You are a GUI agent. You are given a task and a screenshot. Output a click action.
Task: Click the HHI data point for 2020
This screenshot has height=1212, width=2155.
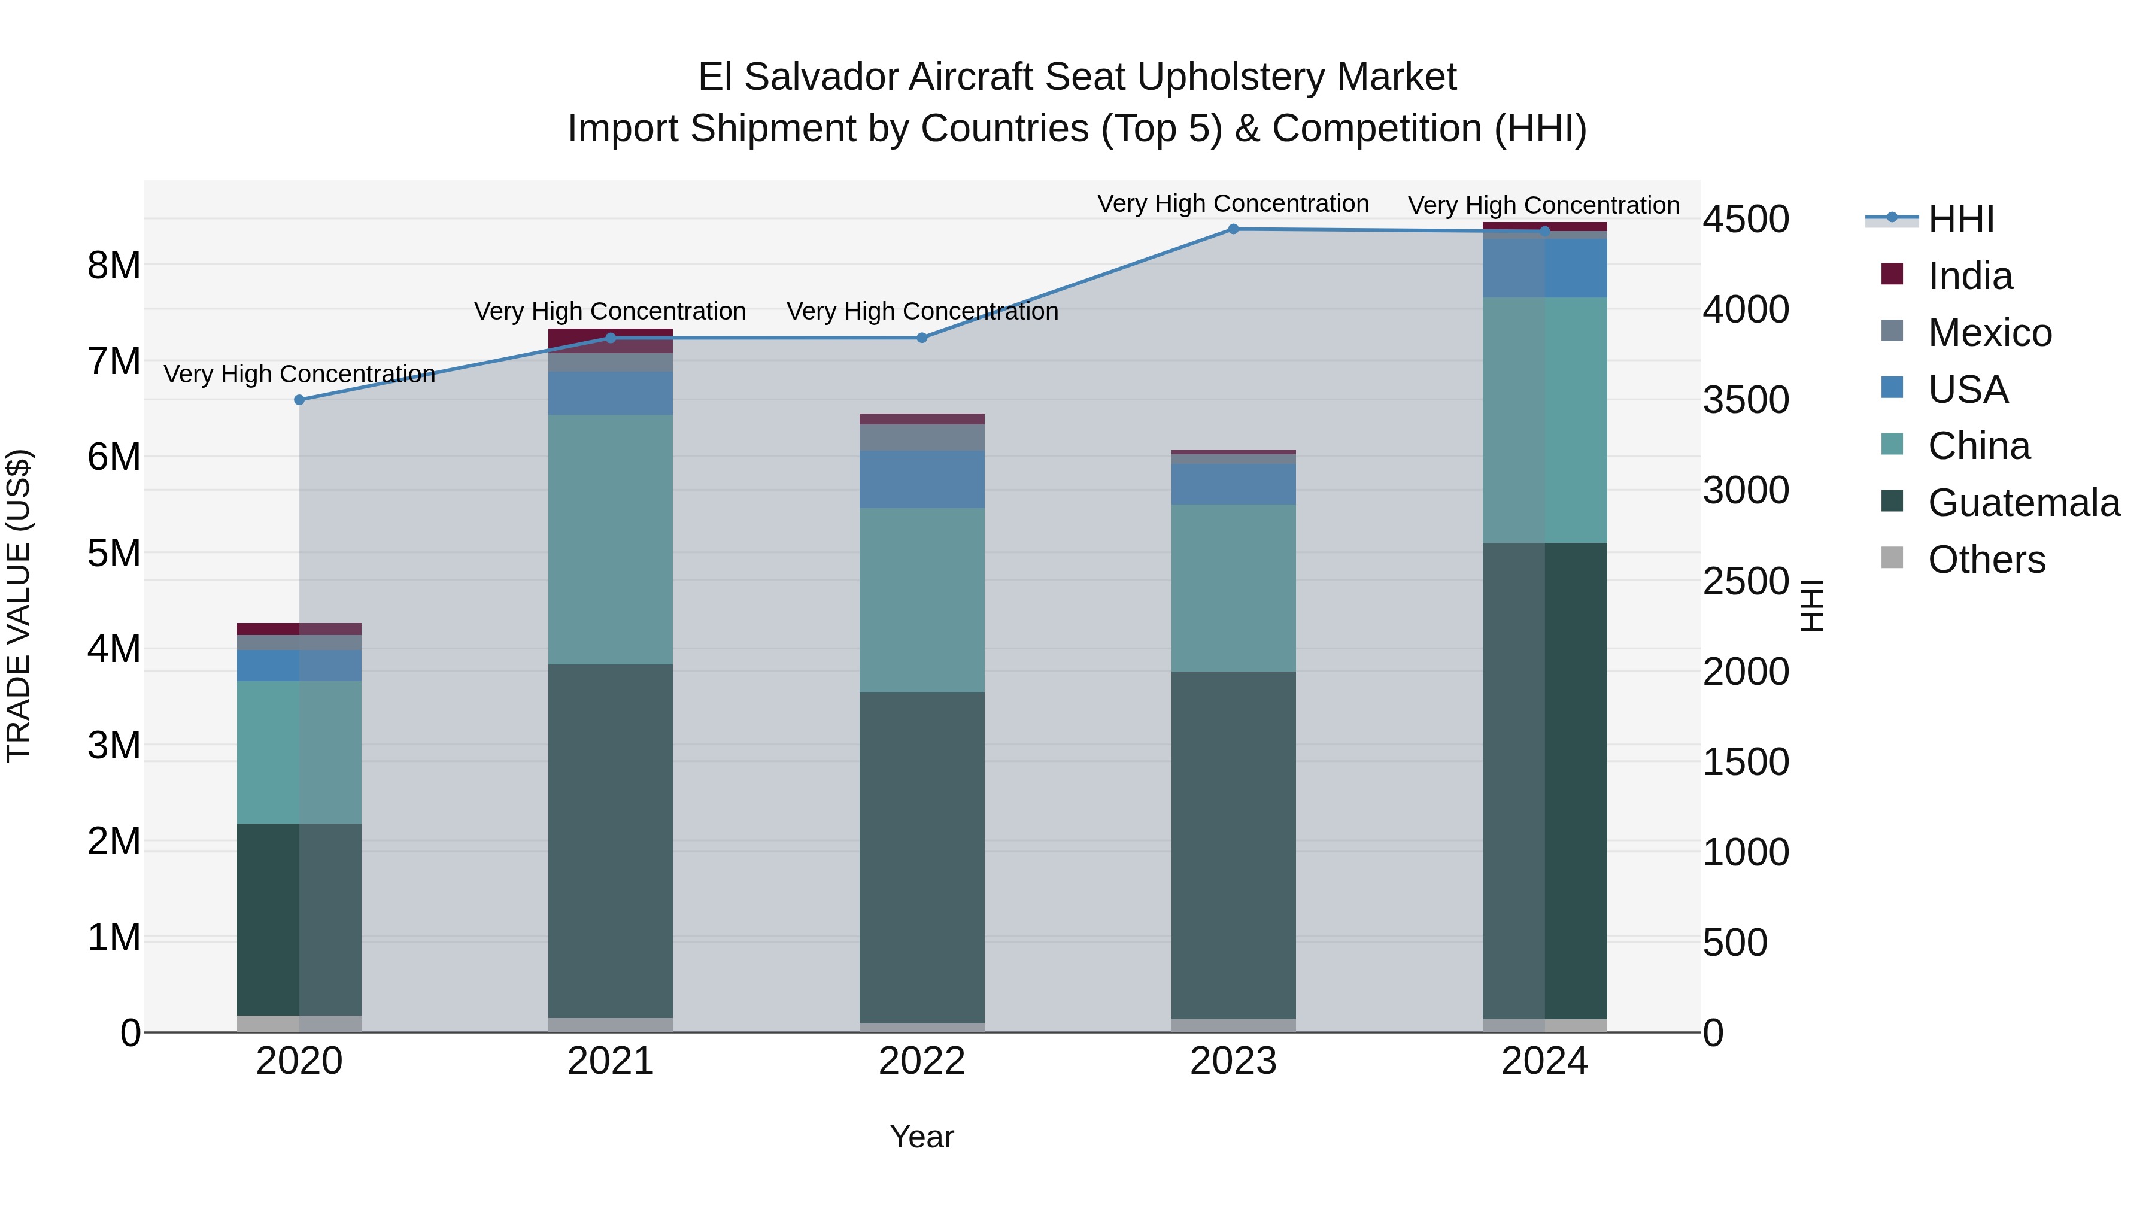point(299,400)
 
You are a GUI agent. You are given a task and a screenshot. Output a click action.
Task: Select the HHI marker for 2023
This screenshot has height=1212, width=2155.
point(1233,229)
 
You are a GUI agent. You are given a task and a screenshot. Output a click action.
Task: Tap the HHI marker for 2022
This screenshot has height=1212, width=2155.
point(922,338)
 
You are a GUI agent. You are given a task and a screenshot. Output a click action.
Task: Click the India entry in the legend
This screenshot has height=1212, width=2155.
point(1969,276)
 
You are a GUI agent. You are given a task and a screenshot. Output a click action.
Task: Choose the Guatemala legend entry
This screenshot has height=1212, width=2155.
point(2023,503)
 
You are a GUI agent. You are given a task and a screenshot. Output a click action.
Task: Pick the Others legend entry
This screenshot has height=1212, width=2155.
point(1986,560)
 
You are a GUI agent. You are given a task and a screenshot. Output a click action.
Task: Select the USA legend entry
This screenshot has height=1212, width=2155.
point(1968,390)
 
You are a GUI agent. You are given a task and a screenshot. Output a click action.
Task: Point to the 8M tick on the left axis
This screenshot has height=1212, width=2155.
point(114,266)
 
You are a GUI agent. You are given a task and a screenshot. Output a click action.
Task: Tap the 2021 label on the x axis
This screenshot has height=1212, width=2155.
point(611,1061)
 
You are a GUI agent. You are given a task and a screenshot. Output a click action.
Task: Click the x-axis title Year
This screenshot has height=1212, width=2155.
point(922,1137)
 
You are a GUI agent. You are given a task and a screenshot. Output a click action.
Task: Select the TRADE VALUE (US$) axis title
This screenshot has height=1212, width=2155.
point(19,606)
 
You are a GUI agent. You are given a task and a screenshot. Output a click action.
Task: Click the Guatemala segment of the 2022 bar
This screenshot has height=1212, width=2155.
point(922,857)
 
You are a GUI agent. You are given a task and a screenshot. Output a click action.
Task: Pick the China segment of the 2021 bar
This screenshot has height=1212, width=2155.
point(611,539)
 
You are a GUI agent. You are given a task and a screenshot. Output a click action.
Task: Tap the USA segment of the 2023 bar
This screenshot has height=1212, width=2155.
point(1233,484)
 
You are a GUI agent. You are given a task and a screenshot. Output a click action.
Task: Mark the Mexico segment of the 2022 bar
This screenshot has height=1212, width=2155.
point(922,438)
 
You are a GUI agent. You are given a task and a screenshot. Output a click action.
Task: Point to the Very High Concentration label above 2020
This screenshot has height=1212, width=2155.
point(299,374)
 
